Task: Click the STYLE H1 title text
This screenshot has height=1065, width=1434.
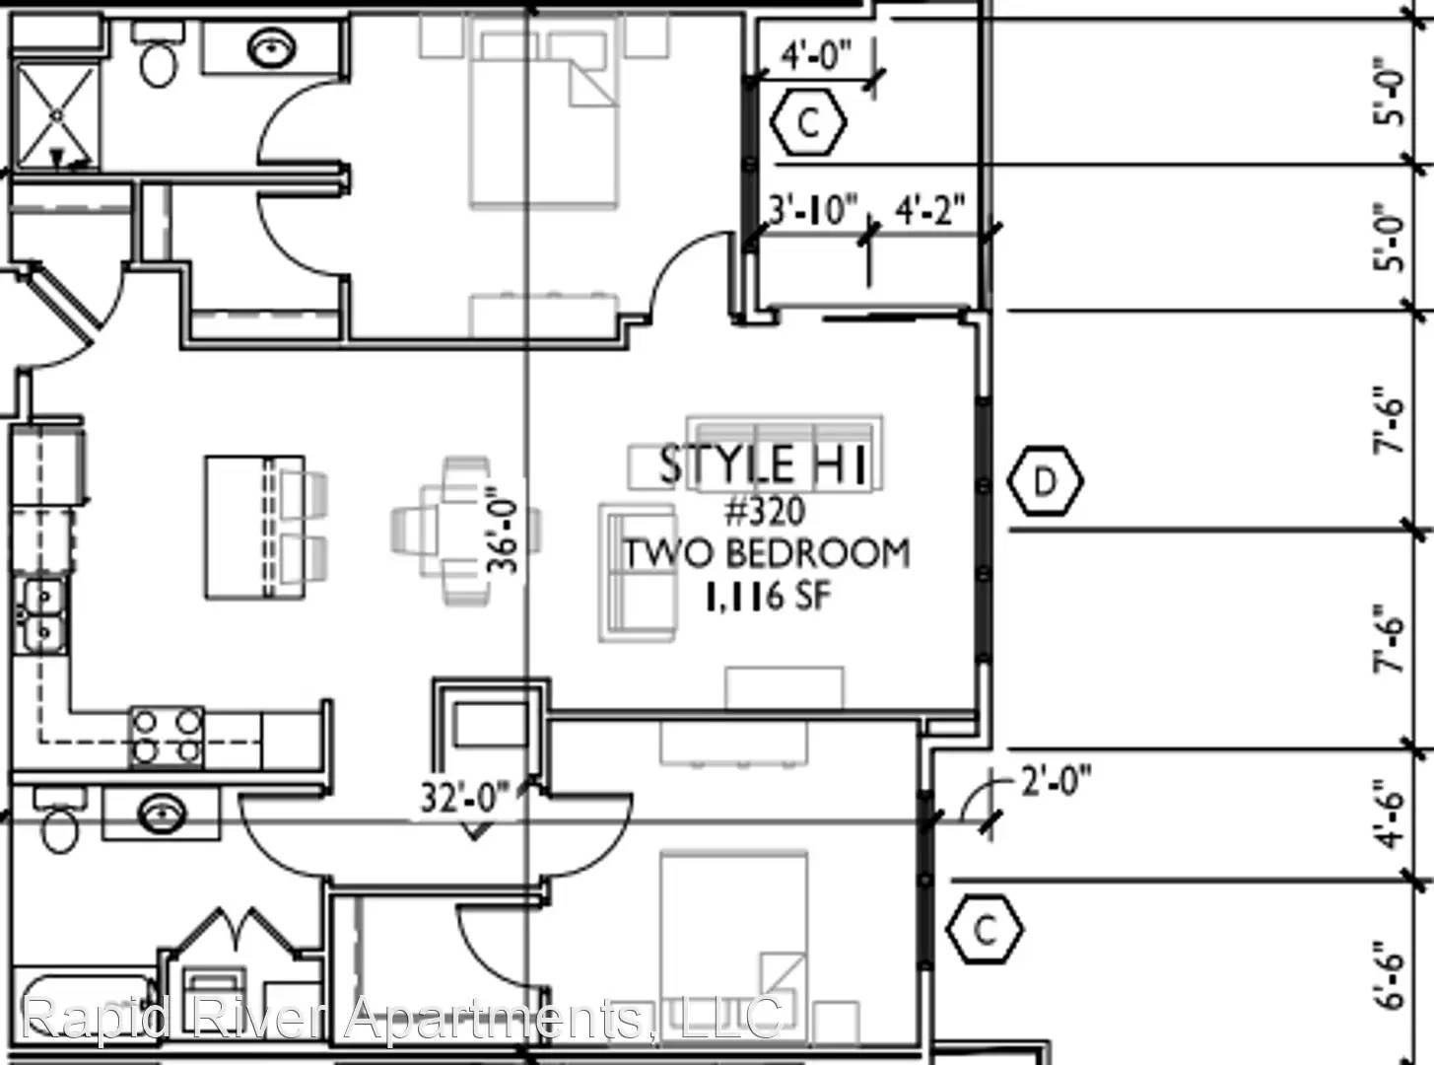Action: click(763, 464)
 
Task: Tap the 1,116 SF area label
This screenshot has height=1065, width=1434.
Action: click(768, 596)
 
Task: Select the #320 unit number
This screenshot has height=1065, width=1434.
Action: click(766, 511)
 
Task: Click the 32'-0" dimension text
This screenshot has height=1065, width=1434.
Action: click(465, 797)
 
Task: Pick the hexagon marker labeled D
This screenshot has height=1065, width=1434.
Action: click(1044, 481)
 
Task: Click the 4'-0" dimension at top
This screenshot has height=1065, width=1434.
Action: click(817, 54)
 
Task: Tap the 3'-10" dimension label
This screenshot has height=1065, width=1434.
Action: click(813, 211)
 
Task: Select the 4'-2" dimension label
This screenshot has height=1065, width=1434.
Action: click(929, 210)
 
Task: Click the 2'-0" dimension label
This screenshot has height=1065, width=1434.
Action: click(1056, 781)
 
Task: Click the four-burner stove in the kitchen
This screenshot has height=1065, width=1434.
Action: click(167, 737)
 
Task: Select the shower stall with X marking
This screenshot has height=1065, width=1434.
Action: click(57, 115)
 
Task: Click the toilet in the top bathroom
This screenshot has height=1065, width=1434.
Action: click(159, 54)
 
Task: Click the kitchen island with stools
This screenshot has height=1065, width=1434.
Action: click(265, 528)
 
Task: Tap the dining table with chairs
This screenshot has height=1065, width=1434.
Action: click(465, 531)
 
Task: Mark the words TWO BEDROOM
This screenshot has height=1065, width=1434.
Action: click(767, 554)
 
